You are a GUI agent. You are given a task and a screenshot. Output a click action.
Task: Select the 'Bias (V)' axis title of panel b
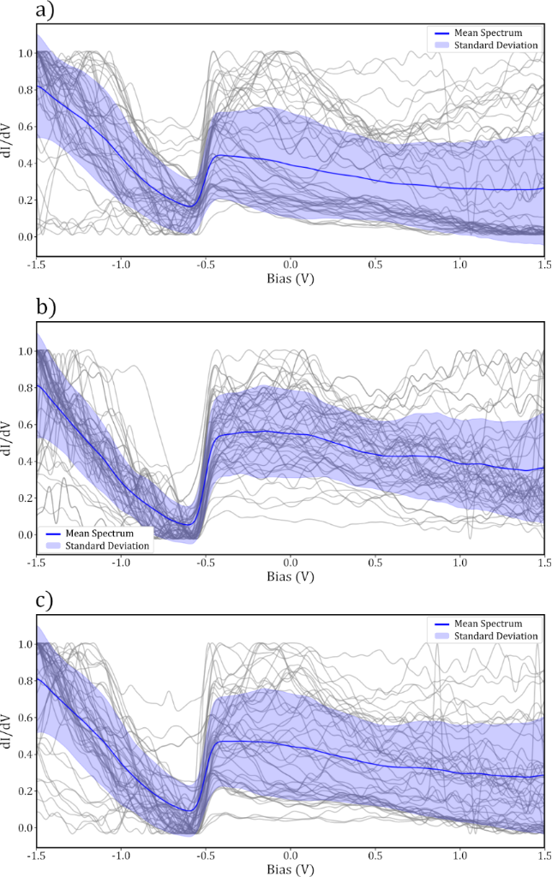pos(290,577)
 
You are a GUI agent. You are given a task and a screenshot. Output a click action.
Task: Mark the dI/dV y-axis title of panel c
pos(8,733)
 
